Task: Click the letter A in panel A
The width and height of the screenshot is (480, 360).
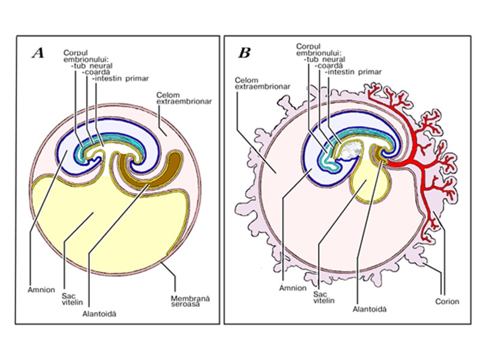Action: [x=38, y=53]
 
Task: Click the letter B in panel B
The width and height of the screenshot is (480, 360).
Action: [x=244, y=53]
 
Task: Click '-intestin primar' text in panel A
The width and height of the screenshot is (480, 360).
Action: [x=120, y=78]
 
